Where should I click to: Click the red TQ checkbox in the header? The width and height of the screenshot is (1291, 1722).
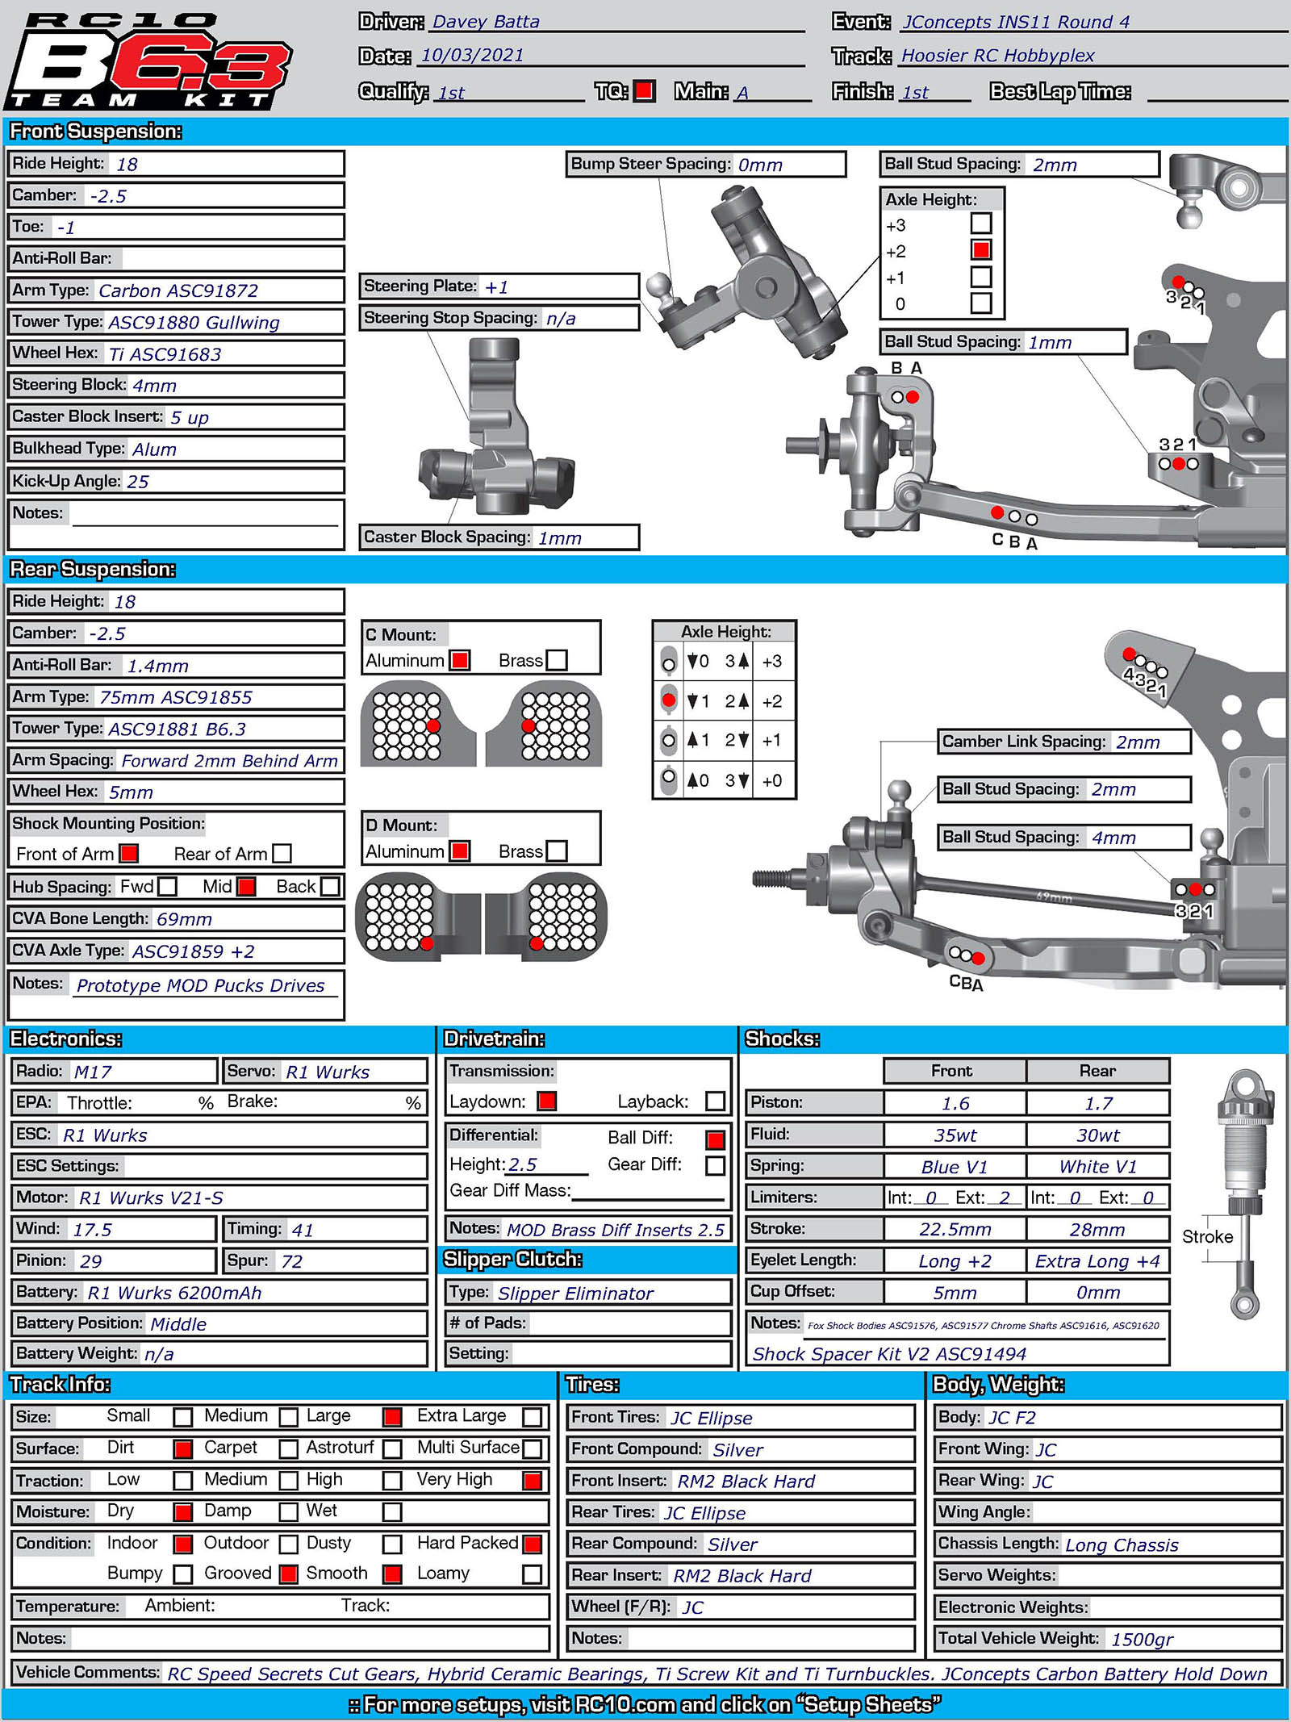644,91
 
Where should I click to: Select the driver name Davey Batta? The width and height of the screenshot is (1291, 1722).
486,22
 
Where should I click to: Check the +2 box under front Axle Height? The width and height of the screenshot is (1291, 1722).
981,250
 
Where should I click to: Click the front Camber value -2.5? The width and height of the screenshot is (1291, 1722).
108,196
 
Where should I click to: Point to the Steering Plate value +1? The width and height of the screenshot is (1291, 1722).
496,287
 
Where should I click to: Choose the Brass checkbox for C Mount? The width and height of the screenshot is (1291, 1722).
557,660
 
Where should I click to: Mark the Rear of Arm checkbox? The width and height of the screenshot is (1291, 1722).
282,853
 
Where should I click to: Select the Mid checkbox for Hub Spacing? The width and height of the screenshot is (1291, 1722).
247,887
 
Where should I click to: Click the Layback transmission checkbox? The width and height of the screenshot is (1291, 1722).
715,1101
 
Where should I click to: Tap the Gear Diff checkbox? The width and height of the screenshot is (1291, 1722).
715,1165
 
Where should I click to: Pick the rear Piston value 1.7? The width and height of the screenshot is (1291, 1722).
1098,1103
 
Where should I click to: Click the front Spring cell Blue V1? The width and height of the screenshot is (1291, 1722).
955,1167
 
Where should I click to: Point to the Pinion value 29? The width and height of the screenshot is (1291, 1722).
90,1261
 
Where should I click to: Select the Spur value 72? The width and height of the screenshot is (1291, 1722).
291,1261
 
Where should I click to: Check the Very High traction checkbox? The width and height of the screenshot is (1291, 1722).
532,1481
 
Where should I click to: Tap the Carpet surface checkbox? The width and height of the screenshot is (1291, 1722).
288,1449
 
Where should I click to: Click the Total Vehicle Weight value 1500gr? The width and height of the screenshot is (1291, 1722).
1142,1639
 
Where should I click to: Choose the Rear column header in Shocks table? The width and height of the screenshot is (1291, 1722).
1097,1071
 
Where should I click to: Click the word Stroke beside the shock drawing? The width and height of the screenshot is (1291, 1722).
1207,1237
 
